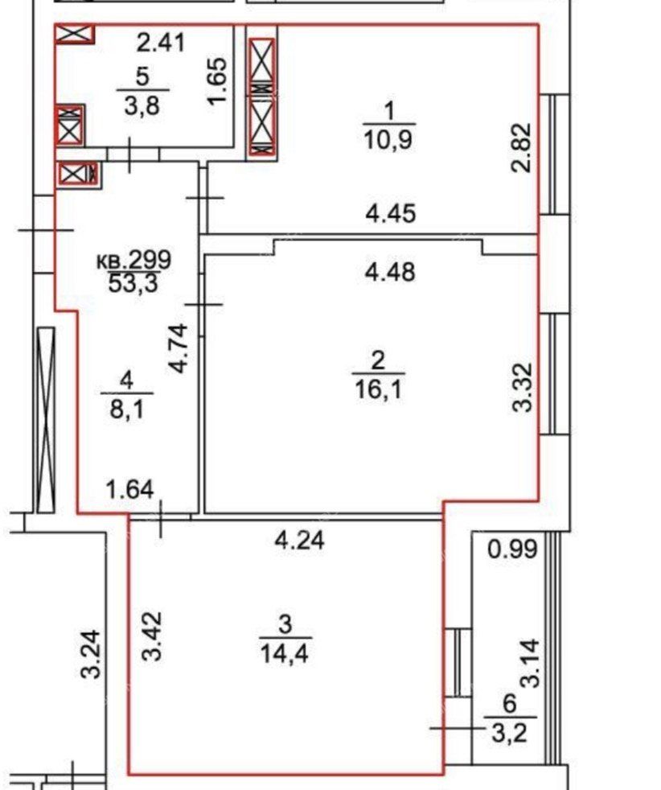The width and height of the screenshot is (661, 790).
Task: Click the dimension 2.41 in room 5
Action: coord(161,43)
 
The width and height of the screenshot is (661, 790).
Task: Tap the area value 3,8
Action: coord(142,106)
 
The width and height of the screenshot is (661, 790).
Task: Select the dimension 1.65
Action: coord(218,81)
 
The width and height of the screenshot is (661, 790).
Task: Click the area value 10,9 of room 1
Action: coord(388,141)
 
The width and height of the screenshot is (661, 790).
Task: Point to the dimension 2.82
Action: coord(521,147)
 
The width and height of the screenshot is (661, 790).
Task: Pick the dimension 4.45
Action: coord(391,214)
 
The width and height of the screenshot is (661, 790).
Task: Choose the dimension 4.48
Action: coord(391,272)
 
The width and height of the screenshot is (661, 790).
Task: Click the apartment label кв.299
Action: coord(134,261)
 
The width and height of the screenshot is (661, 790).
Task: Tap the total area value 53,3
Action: coord(133,284)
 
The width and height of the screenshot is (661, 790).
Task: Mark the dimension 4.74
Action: coord(179,348)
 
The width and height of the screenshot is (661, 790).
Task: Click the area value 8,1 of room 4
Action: coord(127,409)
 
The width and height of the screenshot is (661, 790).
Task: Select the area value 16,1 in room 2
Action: coord(379,389)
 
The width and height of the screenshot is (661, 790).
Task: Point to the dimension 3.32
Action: coord(522,388)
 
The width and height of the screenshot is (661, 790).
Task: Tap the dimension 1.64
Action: coord(130,490)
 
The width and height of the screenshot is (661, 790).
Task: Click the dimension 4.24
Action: coord(299,541)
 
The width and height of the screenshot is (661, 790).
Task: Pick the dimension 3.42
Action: coord(152,636)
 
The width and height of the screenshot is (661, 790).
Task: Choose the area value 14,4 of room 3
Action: coord(285,654)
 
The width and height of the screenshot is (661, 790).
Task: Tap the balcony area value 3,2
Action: coord(510,734)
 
